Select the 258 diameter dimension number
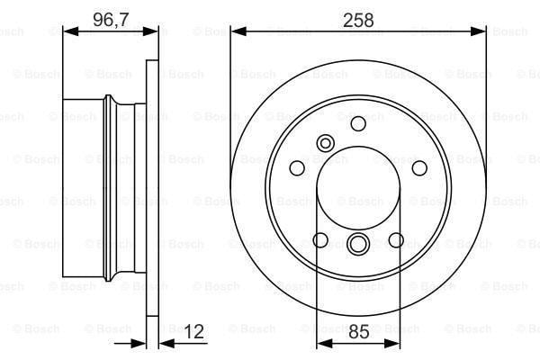tap(358, 21)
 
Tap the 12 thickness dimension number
tap(193, 332)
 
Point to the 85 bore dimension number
tap(359, 332)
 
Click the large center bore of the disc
tap(358, 188)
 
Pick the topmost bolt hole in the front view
tap(358, 123)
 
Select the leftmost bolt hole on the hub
tap(297, 168)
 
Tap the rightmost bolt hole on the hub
tap(419, 168)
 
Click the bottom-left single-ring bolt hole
tap(320, 240)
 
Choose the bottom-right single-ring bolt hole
tap(396, 240)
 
